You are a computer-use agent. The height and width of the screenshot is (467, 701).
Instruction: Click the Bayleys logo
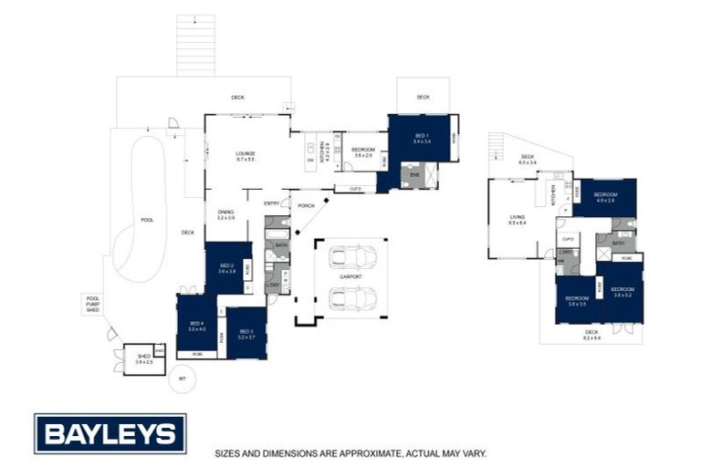coord(110,433)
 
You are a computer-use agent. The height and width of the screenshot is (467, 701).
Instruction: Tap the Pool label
coord(146,220)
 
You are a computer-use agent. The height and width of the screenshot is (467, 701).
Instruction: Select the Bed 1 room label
coord(421,138)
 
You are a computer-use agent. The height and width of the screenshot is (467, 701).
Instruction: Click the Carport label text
coord(350,275)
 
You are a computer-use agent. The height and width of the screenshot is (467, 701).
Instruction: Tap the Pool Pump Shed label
coord(92,304)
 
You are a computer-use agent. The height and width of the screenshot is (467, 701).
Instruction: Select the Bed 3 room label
coord(246,334)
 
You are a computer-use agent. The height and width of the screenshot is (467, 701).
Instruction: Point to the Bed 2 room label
coord(227,268)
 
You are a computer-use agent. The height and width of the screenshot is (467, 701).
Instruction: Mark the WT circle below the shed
coord(182,378)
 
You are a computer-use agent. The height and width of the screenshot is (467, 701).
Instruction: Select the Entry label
coord(271,202)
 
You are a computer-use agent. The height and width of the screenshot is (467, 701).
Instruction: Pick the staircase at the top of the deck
coord(195,46)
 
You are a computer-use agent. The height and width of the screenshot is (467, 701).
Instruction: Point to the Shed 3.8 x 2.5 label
coord(143,358)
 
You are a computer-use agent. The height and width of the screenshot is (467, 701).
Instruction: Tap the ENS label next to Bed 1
coord(413,173)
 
